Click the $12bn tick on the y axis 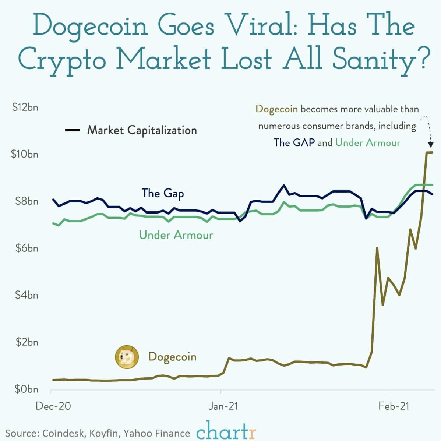pyautogui.click(x=25, y=107)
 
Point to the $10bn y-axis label pyautogui.click(x=25, y=154)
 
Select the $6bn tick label pyautogui.click(x=27, y=248)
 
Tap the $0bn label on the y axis pyautogui.click(x=27, y=389)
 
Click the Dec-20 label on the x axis pyautogui.click(x=53, y=406)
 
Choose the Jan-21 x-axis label pyautogui.click(x=223, y=406)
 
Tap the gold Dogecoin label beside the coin pyautogui.click(x=172, y=357)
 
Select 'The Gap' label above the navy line pyautogui.click(x=163, y=193)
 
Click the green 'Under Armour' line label pyautogui.click(x=176, y=235)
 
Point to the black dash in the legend pyautogui.click(x=72, y=130)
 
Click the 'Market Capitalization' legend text pyautogui.click(x=142, y=130)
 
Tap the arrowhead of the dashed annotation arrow pyautogui.click(x=430, y=145)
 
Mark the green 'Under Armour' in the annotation pyautogui.click(x=368, y=143)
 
